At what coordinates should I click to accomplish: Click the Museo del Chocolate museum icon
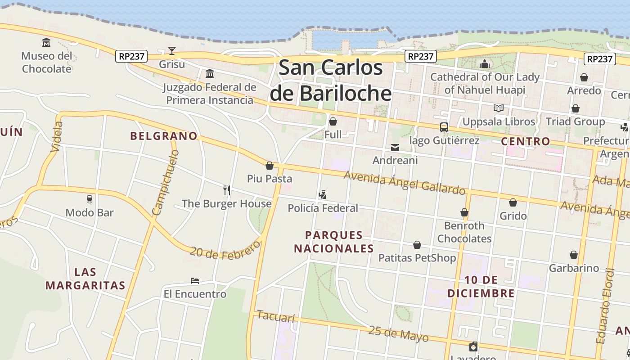[46, 43]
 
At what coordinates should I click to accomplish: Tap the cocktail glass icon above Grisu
[171, 50]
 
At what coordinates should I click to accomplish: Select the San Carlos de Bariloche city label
[331, 81]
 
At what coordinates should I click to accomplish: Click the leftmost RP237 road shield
[131, 56]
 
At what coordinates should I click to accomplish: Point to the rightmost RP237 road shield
[600, 58]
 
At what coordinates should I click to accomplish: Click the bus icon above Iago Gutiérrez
[444, 127]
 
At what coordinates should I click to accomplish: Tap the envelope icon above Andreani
[395, 147]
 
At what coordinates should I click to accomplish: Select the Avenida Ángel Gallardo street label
[404, 183]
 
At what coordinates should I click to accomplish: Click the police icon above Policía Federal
[322, 195]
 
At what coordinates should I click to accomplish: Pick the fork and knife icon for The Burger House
[227, 190]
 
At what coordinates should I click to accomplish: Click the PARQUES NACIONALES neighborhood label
[333, 242]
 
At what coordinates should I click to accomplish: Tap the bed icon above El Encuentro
[194, 281]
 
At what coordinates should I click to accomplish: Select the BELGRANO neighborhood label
[164, 136]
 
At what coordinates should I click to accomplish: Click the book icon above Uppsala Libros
[498, 108]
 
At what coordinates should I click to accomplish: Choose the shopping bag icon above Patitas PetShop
[417, 245]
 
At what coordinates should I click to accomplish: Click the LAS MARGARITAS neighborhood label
[85, 279]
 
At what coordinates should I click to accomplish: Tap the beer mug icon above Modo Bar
[89, 199]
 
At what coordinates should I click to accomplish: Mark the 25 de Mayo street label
[398, 333]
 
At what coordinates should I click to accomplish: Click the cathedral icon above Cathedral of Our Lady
[484, 64]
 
